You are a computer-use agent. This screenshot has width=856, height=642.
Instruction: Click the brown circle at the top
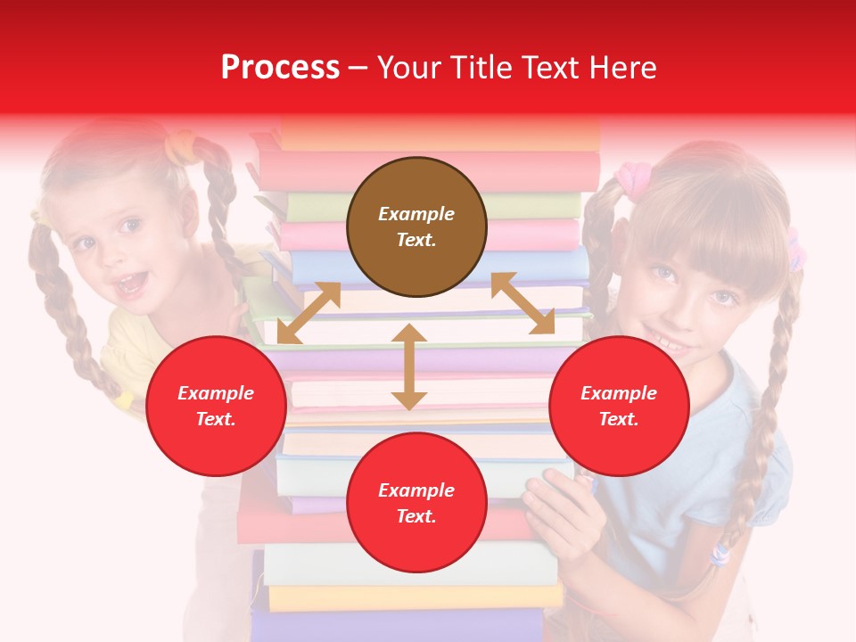tap(416, 227)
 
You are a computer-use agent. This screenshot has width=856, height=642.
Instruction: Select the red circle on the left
tap(216, 406)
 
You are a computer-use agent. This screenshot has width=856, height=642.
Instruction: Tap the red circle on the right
tap(619, 406)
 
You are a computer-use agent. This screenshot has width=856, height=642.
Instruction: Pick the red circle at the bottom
tap(416, 503)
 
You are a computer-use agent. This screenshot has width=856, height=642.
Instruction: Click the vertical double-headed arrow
tap(409, 366)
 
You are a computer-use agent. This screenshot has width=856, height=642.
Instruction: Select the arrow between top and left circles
tap(309, 313)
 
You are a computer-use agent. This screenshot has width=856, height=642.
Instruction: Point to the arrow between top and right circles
tap(523, 303)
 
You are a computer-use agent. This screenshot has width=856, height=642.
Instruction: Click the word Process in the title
tap(280, 68)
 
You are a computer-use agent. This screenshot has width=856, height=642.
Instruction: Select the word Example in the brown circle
tap(416, 214)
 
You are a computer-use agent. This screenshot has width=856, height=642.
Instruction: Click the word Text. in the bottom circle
tap(416, 516)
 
